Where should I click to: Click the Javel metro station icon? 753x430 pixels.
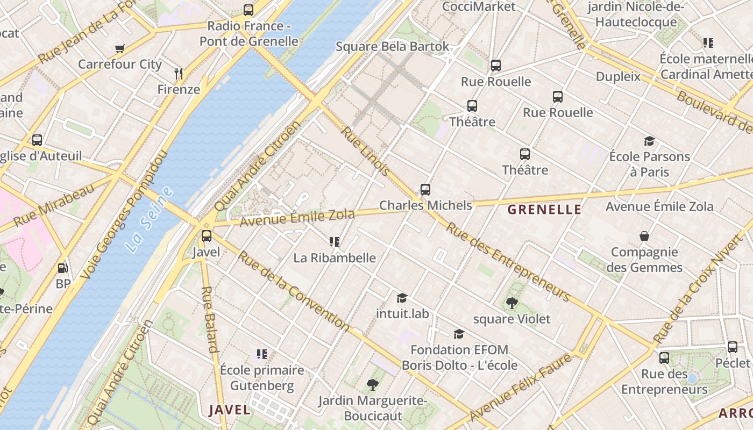[207, 235]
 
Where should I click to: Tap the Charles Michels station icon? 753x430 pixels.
[425, 189]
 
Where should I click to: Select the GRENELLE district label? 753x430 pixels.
[544, 210]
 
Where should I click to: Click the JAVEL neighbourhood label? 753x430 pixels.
[230, 410]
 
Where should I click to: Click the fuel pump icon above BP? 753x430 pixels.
[62, 268]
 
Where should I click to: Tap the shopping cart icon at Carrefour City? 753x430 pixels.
[120, 48]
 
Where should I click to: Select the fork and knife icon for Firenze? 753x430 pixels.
[179, 73]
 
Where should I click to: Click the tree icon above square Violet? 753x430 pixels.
[512, 303]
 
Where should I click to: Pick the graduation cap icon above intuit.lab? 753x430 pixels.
[402, 298]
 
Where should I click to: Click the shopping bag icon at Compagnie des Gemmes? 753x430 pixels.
[644, 236]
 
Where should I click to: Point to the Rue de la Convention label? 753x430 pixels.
[294, 290]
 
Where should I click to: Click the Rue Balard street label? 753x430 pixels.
[210, 319]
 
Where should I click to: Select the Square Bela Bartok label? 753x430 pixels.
[392, 46]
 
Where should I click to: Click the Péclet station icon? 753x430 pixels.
[733, 347]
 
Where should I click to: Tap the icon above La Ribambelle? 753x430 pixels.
[335, 242]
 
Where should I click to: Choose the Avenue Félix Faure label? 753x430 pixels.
[520, 388]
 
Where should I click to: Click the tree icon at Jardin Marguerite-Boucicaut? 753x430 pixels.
[372, 384]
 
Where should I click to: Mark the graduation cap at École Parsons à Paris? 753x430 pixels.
[649, 141]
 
